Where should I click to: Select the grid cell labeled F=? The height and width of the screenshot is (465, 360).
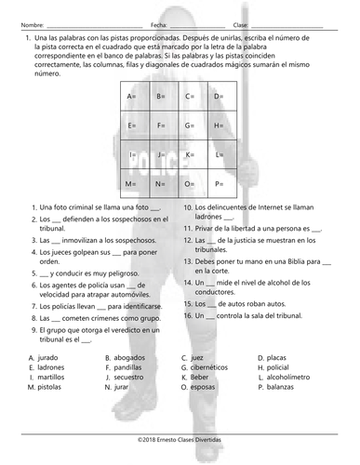[160, 125]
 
